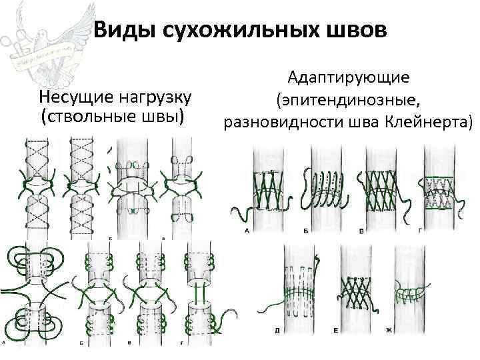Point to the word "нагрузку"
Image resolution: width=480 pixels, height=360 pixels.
click(x=154, y=99)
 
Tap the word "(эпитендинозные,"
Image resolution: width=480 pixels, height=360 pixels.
click(x=346, y=100)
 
